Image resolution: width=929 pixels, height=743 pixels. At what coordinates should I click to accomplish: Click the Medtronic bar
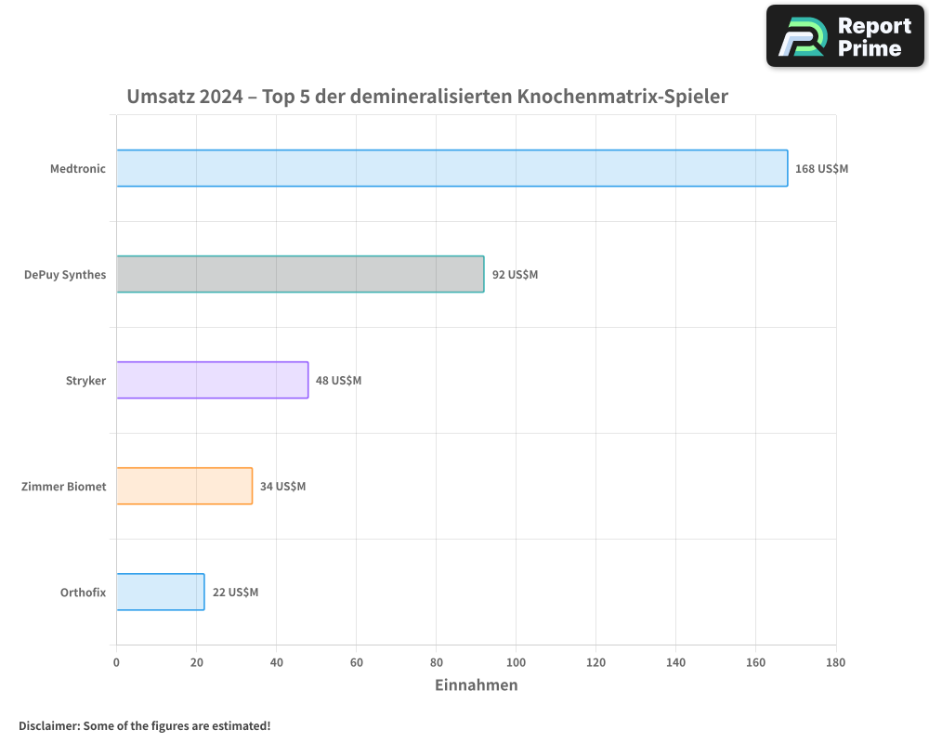pos(451,168)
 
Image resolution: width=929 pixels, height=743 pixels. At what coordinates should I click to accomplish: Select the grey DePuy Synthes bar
pos(300,274)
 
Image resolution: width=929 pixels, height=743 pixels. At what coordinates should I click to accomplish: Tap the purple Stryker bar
pos(212,380)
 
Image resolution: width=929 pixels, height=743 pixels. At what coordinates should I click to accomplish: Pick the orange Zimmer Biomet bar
pos(184,486)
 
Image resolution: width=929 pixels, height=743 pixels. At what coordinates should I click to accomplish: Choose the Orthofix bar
pos(160,592)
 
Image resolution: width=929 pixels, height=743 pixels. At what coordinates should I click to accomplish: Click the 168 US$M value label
pos(821,169)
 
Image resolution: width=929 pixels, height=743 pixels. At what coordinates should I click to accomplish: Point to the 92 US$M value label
pos(515,275)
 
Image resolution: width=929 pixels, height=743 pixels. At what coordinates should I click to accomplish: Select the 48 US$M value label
pos(338,381)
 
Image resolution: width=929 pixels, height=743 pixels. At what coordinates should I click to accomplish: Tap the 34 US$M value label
pos(282,487)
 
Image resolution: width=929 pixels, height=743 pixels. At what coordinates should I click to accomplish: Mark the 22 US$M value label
pos(235,593)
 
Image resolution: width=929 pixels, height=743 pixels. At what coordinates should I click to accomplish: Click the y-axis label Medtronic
pos(78,169)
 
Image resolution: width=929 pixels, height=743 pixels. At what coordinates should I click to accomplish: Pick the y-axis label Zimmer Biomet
pos(63,487)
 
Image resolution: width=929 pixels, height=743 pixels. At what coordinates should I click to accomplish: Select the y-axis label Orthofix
pos(83,593)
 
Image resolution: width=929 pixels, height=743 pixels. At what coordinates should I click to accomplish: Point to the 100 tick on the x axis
pos(516,662)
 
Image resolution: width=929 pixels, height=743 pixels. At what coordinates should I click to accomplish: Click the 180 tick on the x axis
pos(835,662)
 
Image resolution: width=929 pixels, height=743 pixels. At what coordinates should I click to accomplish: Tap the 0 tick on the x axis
pos(116,662)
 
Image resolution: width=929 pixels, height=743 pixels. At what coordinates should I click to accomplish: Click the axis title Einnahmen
pos(476,685)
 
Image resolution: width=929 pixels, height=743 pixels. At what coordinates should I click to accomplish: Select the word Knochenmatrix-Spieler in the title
pos(622,97)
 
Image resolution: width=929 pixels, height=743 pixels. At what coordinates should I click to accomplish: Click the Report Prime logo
pos(845,36)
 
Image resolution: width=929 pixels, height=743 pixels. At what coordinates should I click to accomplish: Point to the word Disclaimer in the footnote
pos(47,725)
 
